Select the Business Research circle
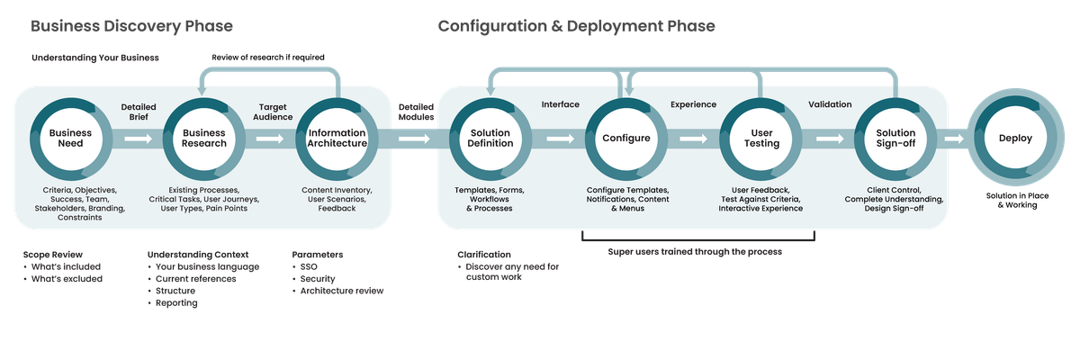[x=203, y=139]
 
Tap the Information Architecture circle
[x=337, y=139]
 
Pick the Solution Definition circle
[x=490, y=139]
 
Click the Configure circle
[x=625, y=139]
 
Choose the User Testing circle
[x=760, y=139]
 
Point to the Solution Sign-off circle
[x=895, y=139]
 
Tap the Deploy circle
[x=1015, y=139]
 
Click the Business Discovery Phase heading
[x=132, y=27]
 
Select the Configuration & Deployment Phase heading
[x=576, y=27]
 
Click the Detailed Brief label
[x=139, y=112]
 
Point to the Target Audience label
[x=273, y=112]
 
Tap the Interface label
[x=560, y=104]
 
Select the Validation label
[x=830, y=104]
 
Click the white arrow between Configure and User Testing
[x=693, y=139]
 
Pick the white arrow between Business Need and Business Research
[x=139, y=139]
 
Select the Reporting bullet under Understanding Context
[x=176, y=303]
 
